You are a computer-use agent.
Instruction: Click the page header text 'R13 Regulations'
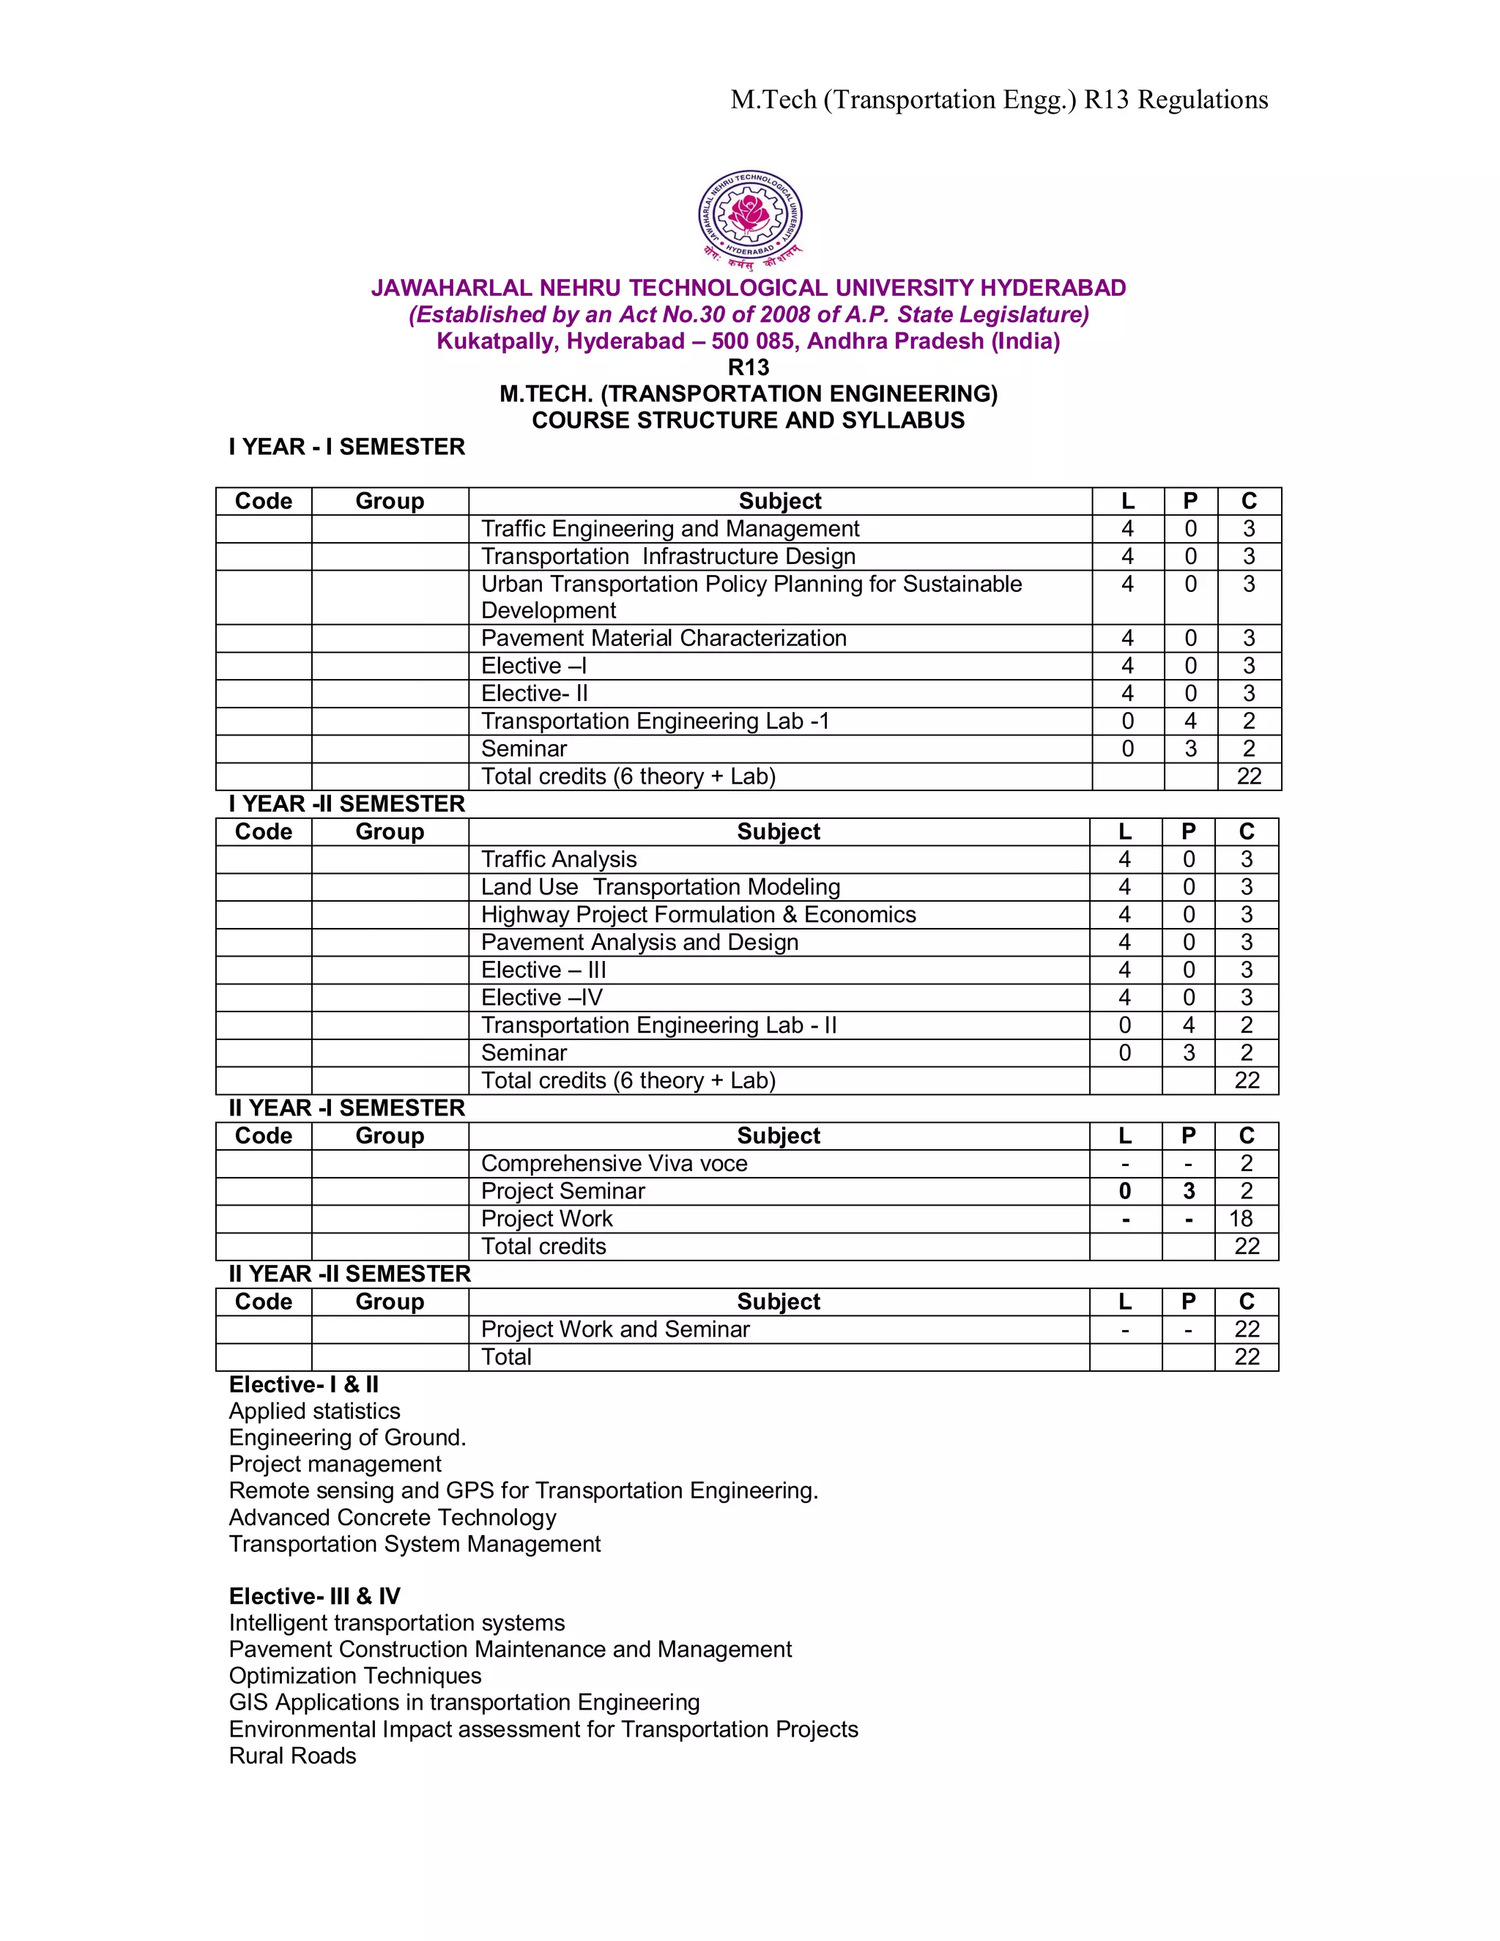pyautogui.click(x=1176, y=100)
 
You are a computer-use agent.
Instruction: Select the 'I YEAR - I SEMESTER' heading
pyautogui.click(x=346, y=447)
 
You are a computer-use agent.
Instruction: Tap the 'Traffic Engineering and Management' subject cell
pyautogui.click(x=670, y=529)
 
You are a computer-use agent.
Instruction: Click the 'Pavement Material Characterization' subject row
pyautogui.click(x=664, y=638)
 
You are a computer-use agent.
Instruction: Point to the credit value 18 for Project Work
pyautogui.click(x=1241, y=1219)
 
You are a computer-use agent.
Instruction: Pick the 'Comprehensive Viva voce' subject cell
pyautogui.click(x=614, y=1163)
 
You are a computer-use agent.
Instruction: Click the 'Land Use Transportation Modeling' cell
pyautogui.click(x=660, y=887)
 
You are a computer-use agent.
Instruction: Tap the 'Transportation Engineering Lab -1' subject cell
pyautogui.click(x=655, y=721)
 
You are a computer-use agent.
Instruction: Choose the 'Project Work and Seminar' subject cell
pyautogui.click(x=615, y=1329)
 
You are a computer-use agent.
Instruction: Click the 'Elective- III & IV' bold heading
pyautogui.click(x=314, y=1596)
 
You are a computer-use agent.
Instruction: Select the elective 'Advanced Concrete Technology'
pyautogui.click(x=393, y=1517)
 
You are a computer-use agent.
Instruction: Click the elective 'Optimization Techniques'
pyautogui.click(x=354, y=1675)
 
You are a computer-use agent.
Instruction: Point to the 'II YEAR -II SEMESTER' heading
pyautogui.click(x=349, y=1274)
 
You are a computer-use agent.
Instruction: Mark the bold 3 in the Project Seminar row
pyautogui.click(x=1188, y=1191)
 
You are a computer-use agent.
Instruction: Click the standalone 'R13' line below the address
pyautogui.click(x=749, y=367)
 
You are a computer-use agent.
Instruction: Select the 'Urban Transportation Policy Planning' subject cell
pyautogui.click(x=751, y=596)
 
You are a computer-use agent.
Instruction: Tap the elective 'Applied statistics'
pyautogui.click(x=314, y=1411)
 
